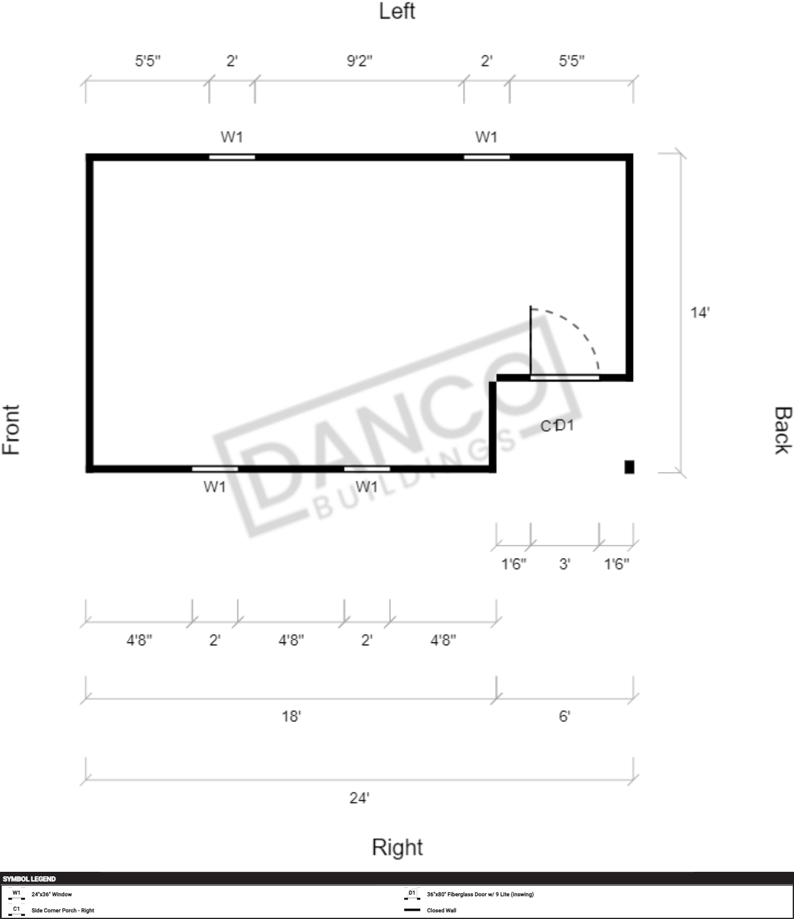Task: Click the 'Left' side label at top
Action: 397,12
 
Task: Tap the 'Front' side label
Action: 11,430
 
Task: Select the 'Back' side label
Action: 783,430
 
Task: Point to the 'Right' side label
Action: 397,847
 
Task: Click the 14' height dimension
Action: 700,313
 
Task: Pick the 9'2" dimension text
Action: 359,61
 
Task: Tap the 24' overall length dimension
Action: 359,798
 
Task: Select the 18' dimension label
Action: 291,716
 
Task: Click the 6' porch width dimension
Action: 564,716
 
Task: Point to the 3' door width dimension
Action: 564,564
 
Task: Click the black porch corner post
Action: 629,467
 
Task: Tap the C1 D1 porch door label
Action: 557,426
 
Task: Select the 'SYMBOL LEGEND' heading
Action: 29,879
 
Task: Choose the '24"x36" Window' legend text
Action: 52,895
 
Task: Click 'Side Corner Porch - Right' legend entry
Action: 63,911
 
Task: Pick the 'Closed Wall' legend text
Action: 441,911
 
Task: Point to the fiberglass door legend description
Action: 480,895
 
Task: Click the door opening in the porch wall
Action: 565,378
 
